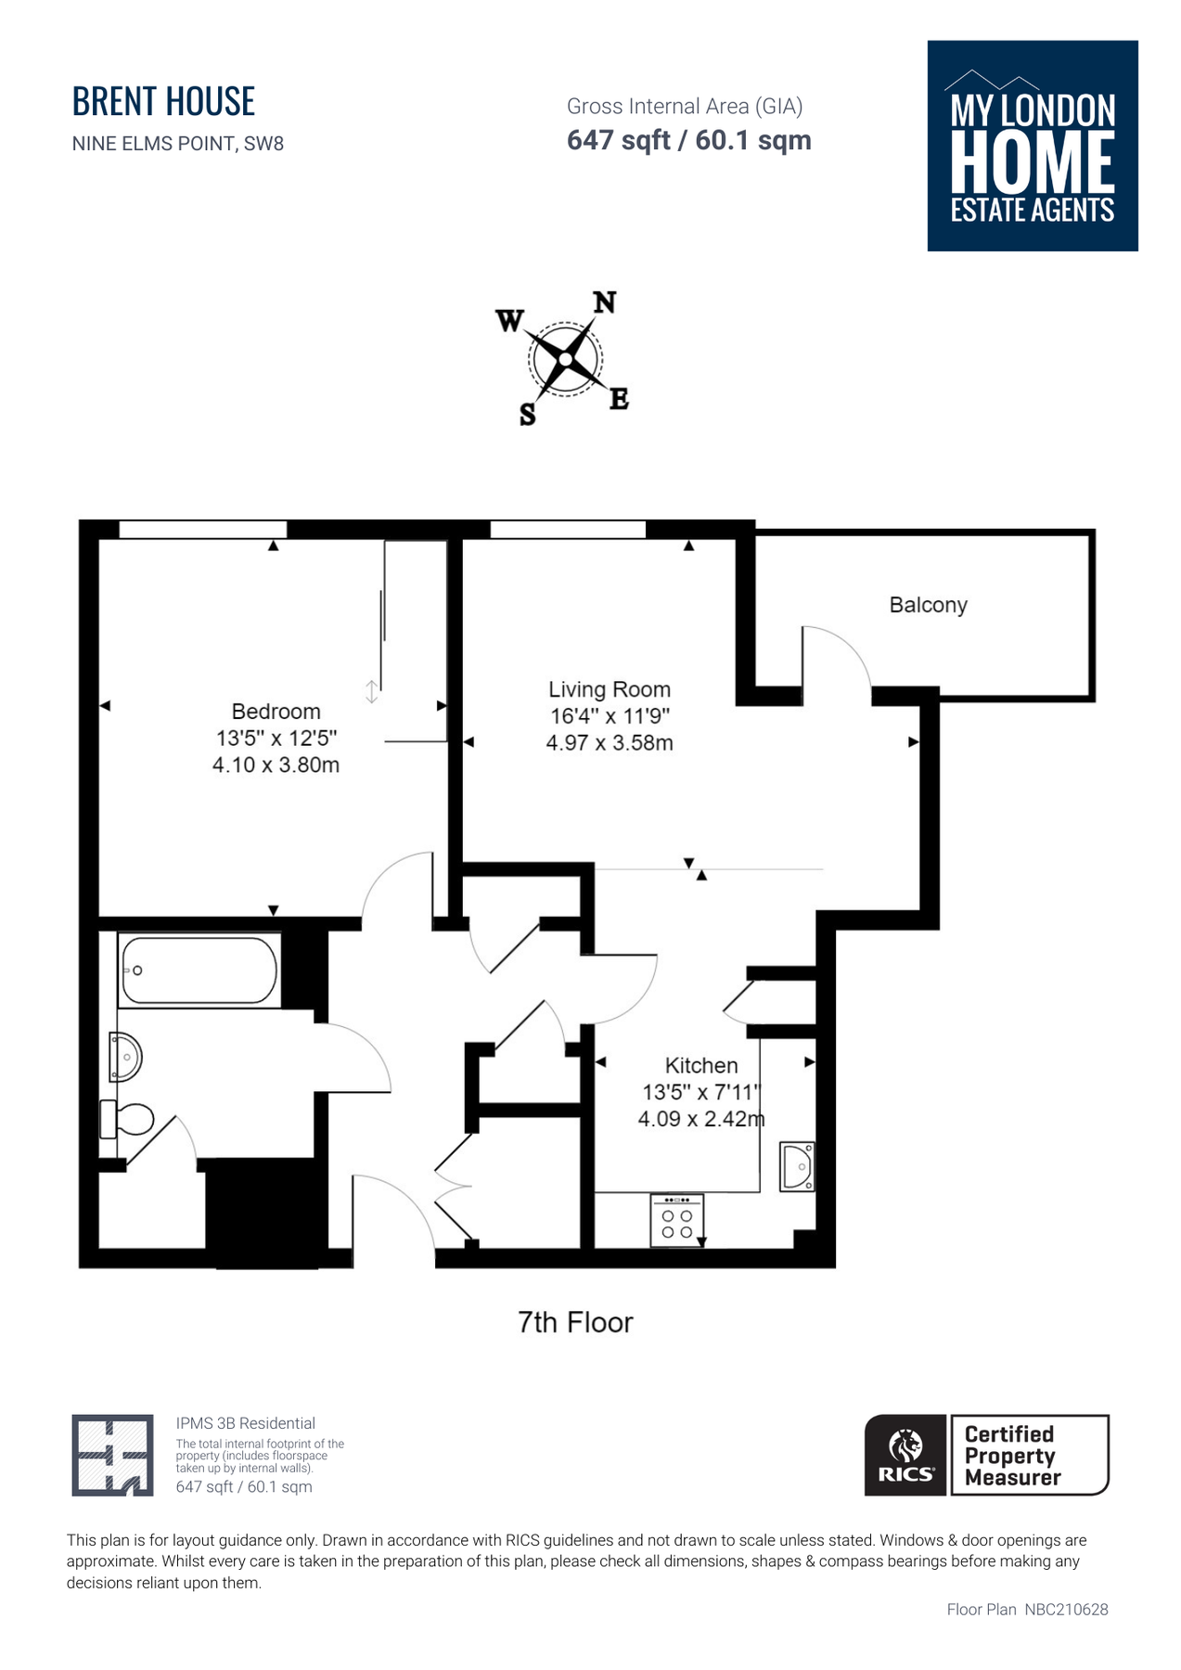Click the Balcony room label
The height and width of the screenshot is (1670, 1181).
tap(928, 605)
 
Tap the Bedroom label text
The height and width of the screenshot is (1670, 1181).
tap(276, 712)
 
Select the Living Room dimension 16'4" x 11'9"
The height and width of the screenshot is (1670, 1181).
tap(610, 716)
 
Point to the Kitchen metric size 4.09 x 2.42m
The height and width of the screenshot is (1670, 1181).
tap(700, 1119)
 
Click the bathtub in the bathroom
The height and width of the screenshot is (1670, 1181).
tap(199, 970)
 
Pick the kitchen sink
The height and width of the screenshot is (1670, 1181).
tap(797, 1166)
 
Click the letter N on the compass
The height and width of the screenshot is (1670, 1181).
tap(604, 302)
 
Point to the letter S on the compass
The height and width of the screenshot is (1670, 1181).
tap(527, 415)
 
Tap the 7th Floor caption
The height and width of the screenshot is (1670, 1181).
tap(575, 1322)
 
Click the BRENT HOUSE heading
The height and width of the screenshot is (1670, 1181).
tap(163, 101)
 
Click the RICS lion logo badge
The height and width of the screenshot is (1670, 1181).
tap(905, 1454)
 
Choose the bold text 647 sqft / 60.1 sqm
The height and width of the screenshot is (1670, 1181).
tap(688, 140)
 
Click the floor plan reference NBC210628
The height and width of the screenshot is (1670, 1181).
tap(1066, 1610)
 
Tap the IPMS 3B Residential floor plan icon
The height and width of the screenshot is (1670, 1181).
tap(112, 1454)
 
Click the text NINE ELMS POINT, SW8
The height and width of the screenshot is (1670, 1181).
tap(178, 144)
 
